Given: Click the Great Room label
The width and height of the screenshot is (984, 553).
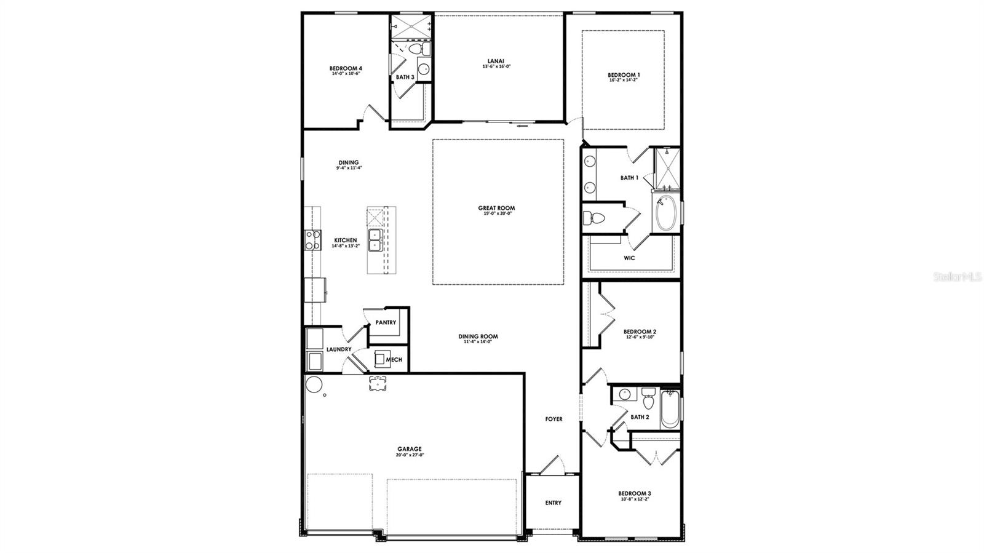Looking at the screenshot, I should click(496, 208).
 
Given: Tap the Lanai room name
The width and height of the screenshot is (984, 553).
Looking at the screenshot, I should click(496, 60).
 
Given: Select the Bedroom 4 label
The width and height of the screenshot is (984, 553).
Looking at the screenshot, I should click(345, 68).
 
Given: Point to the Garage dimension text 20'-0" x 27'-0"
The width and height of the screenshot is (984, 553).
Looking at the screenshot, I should click(410, 455).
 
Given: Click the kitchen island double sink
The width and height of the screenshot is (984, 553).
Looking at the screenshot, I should click(375, 240).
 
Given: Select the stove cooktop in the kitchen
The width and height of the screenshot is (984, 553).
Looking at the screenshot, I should click(312, 239).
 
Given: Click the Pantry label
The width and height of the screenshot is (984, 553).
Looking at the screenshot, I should click(386, 322).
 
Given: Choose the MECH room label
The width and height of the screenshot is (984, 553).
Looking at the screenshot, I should click(394, 359).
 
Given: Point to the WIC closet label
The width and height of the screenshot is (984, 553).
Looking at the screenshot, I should click(629, 258).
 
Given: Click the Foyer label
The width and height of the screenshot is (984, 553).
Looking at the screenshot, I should click(553, 419).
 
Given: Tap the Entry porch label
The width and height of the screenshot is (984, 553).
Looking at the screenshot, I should click(553, 503).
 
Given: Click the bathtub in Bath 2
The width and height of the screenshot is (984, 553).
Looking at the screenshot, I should click(669, 409).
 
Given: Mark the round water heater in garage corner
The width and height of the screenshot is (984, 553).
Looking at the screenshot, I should click(314, 384).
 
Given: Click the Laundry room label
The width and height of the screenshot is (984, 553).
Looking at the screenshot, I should click(339, 349).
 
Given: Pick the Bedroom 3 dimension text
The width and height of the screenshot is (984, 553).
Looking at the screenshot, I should click(634, 499).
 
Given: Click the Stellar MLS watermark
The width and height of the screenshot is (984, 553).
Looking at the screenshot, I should click(958, 277).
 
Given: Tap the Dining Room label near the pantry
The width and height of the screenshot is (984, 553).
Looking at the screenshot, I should click(478, 336).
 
